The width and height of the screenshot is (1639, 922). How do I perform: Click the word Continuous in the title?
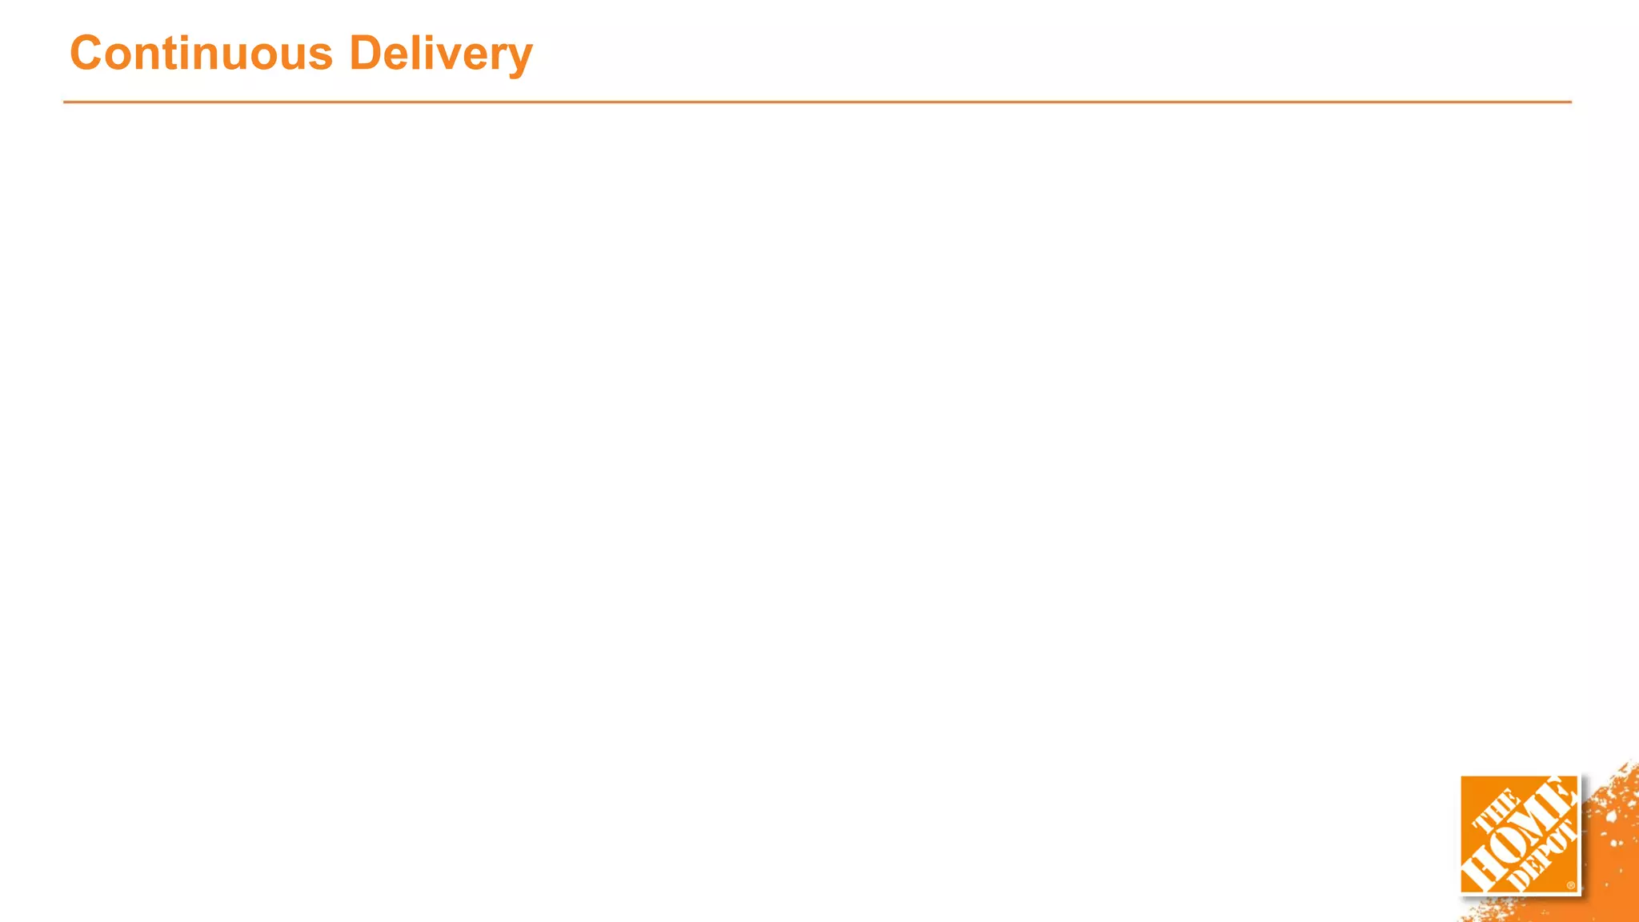201,54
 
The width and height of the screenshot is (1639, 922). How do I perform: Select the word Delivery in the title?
441,54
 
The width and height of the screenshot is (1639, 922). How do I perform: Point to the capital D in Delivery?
366,54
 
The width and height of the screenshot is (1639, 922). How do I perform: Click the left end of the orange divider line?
66,102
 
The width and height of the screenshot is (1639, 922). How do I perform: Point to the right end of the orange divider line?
1569,102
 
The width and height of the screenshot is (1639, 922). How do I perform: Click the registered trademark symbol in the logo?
1571,885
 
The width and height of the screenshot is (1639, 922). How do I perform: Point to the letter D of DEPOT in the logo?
1517,882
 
